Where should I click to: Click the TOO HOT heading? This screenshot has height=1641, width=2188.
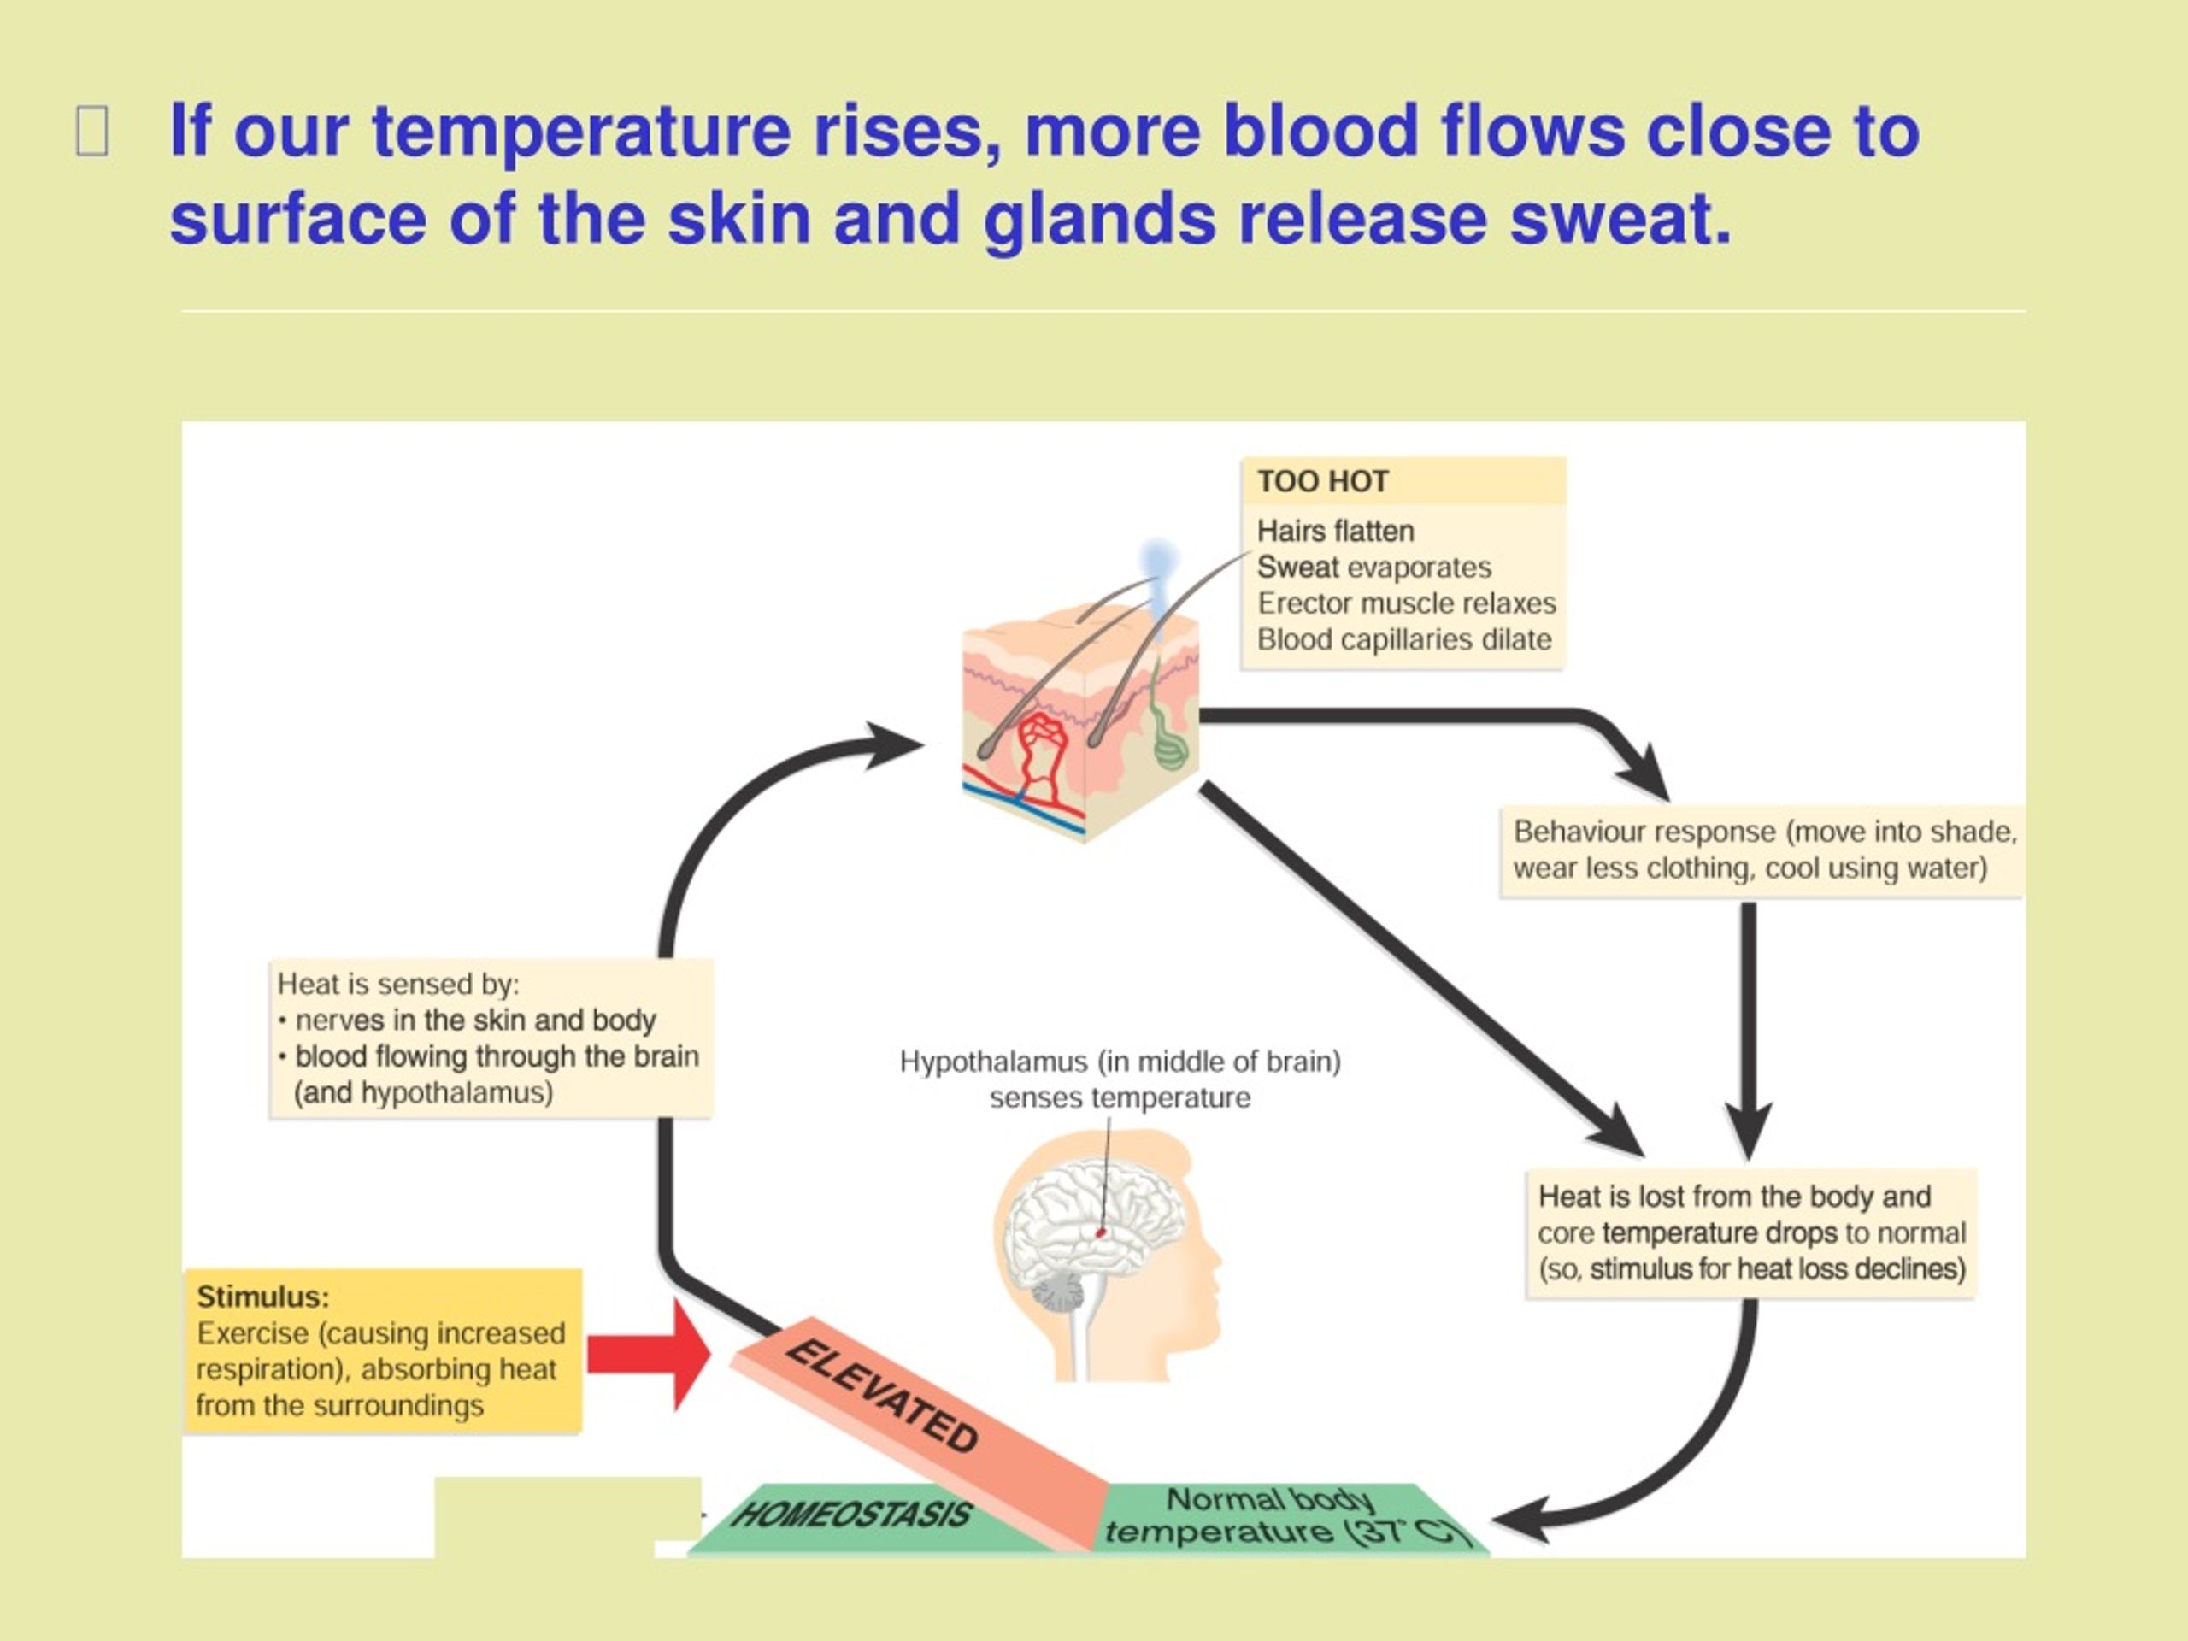tap(1322, 482)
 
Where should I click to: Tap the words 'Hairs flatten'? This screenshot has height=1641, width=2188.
tap(1335, 531)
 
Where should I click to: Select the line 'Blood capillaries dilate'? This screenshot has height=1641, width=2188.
tap(1403, 640)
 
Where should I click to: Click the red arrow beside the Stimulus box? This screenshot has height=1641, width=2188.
tap(649, 1354)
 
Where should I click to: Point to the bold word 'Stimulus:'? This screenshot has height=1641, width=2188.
tap(263, 1296)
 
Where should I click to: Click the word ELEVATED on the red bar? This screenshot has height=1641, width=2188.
tap(881, 1395)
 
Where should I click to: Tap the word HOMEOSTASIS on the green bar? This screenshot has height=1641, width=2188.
tap(850, 1515)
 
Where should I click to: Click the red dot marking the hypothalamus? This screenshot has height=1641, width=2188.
tap(1101, 1232)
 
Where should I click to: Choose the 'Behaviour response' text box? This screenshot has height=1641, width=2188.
tap(1762, 850)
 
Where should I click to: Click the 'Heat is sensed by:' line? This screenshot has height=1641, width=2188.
tap(397, 985)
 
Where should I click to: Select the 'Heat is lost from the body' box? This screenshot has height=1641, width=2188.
tap(1750, 1233)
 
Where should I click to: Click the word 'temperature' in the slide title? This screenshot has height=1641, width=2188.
tap(580, 131)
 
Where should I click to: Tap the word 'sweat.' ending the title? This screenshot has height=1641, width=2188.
tap(1621, 219)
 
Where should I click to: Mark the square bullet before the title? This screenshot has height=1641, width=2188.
tap(92, 132)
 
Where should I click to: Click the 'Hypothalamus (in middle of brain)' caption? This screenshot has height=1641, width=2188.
tap(1120, 1062)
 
